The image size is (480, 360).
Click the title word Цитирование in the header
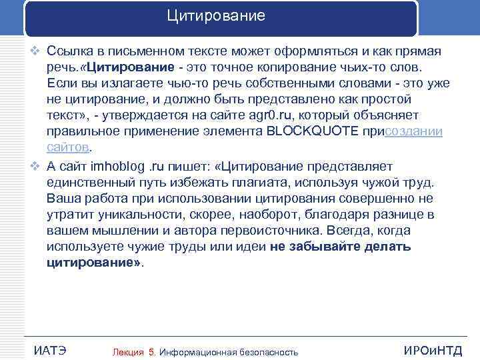(216, 15)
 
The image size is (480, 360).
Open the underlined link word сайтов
(68, 147)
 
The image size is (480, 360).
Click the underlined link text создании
(413, 131)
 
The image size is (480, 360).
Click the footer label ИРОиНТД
(433, 351)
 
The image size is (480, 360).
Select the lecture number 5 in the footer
(152, 351)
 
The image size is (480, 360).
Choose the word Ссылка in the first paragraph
(71, 52)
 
